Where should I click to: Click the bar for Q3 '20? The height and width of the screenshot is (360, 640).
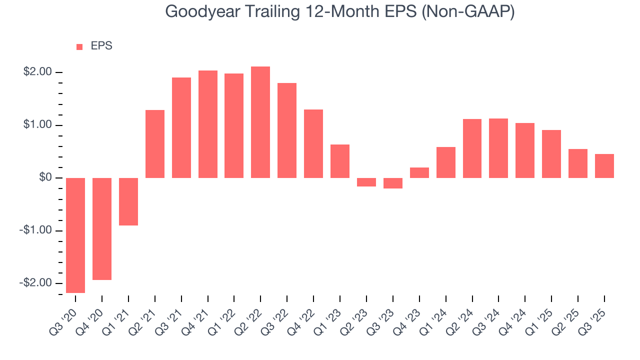pos(75,235)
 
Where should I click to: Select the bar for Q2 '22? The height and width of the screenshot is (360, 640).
pos(260,122)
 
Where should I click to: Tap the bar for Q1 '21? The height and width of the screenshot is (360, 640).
pos(128,201)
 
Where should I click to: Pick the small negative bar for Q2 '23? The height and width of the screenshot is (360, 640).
pos(366,182)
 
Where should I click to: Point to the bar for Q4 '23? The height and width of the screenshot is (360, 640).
pos(419,172)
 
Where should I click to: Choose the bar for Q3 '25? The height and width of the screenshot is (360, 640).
pos(604,166)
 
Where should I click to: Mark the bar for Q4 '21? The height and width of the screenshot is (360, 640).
pos(207,124)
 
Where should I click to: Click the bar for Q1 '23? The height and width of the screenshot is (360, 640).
pos(340,161)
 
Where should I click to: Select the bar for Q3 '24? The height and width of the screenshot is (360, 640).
pos(498,148)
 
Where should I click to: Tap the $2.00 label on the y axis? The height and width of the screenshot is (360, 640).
pos(38,72)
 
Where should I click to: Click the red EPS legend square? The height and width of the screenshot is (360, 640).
pos(79,46)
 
